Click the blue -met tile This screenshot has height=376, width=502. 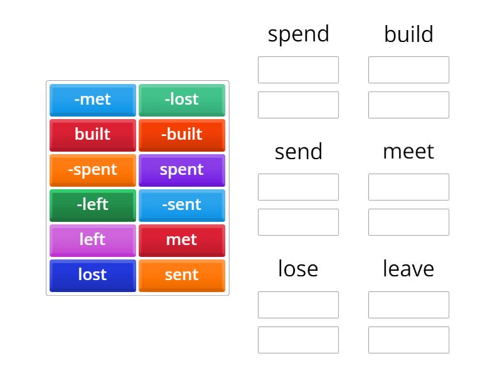point(93,100)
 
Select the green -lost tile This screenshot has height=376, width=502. point(182,100)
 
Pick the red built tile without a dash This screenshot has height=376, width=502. point(93,135)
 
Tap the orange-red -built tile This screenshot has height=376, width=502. point(182,135)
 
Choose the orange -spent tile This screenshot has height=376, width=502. point(93,170)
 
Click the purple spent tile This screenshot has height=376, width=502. point(182,170)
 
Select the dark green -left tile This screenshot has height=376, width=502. point(93,206)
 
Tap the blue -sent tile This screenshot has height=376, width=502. point(182,206)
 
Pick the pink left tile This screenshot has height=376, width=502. point(93,241)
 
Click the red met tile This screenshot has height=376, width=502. point(182,241)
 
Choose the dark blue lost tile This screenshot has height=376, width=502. point(93,276)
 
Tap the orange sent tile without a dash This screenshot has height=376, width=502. point(182,276)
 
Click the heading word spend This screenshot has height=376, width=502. point(299,34)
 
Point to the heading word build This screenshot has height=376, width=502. point(409,34)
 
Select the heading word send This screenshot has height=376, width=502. point(299,152)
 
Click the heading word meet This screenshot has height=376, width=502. point(409,152)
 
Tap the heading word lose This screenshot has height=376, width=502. point(298,269)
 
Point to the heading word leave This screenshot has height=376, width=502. point(409,269)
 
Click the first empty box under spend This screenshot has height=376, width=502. point(299,70)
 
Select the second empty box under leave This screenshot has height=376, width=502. point(409,340)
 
